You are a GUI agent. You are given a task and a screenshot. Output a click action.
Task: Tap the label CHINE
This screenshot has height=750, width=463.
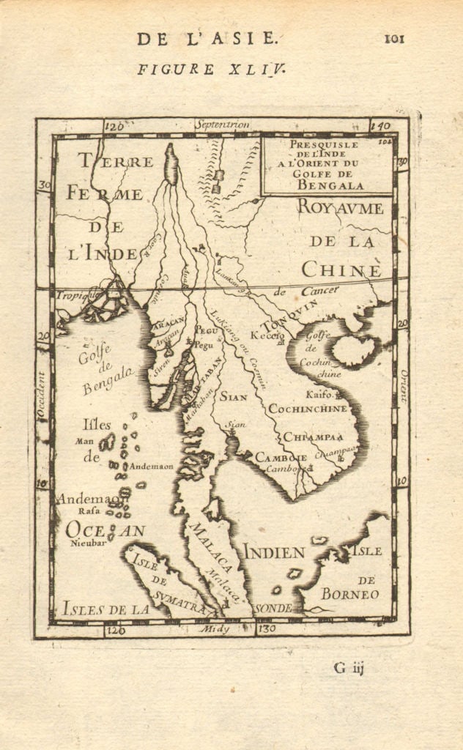pos(341,270)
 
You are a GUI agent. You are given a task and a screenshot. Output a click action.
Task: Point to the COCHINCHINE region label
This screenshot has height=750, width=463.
pos(308,409)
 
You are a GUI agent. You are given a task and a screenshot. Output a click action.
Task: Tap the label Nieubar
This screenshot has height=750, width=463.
pos(84,543)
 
